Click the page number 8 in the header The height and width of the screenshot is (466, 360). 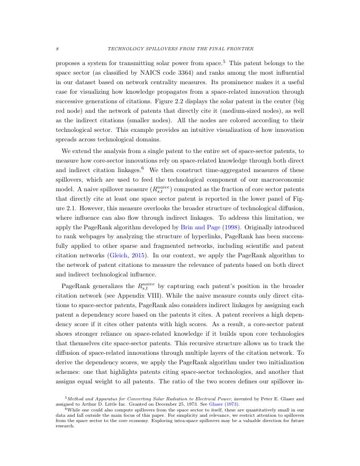point(57,49)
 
